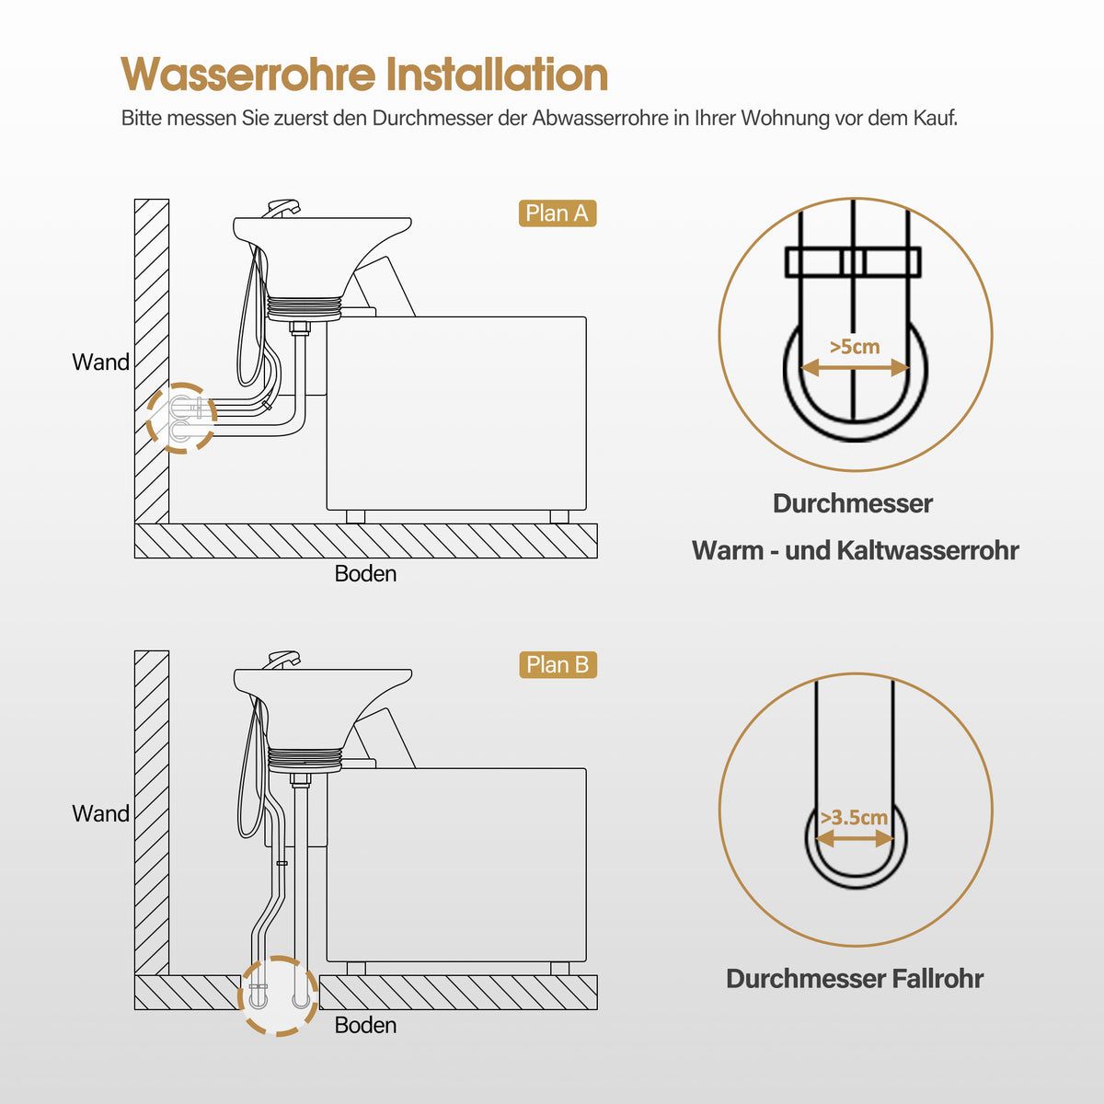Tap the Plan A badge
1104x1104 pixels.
(558, 213)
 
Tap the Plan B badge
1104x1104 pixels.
(558, 664)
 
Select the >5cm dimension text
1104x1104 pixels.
(855, 347)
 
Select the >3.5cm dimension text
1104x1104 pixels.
(855, 817)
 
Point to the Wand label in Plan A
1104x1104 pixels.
(101, 362)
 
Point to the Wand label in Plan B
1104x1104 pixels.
(101, 814)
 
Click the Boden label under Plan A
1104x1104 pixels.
(365, 574)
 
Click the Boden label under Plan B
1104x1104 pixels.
(365, 1025)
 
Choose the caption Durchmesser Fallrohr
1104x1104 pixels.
(855, 978)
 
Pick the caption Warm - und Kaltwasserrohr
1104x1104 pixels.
(855, 550)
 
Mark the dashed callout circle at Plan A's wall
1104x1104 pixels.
(181, 418)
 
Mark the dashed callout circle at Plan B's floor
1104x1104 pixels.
(278, 996)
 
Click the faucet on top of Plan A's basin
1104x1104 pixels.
(282, 206)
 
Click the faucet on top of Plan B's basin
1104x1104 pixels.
(282, 659)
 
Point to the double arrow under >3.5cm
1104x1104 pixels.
(855, 839)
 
